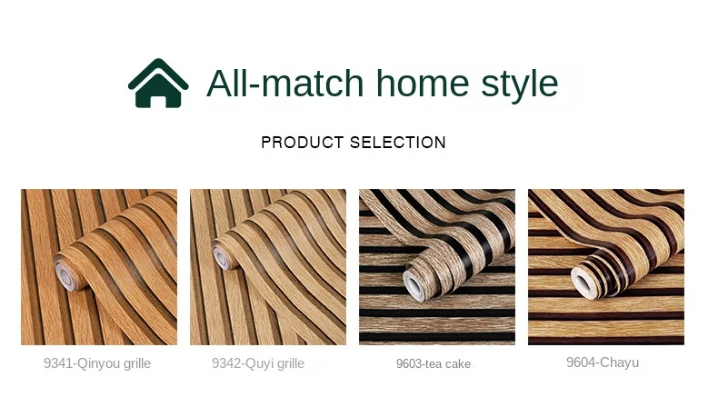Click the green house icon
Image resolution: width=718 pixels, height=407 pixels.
click(x=158, y=84)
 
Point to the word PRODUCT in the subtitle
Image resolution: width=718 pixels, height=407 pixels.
click(x=299, y=143)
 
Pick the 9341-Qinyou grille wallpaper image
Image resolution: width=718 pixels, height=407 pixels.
click(x=99, y=266)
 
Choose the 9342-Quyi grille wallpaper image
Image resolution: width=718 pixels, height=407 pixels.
click(x=268, y=266)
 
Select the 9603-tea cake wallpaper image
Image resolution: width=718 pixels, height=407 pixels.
click(x=437, y=266)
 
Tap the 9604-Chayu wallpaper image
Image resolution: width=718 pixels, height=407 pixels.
click(x=606, y=266)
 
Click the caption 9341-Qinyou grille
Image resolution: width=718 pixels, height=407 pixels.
click(x=97, y=363)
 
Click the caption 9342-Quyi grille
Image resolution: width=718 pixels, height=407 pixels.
click(x=258, y=363)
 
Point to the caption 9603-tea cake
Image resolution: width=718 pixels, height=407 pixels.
click(x=434, y=363)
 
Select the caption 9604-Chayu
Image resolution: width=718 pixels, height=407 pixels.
click(x=603, y=362)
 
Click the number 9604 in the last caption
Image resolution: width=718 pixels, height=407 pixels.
click(x=579, y=362)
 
